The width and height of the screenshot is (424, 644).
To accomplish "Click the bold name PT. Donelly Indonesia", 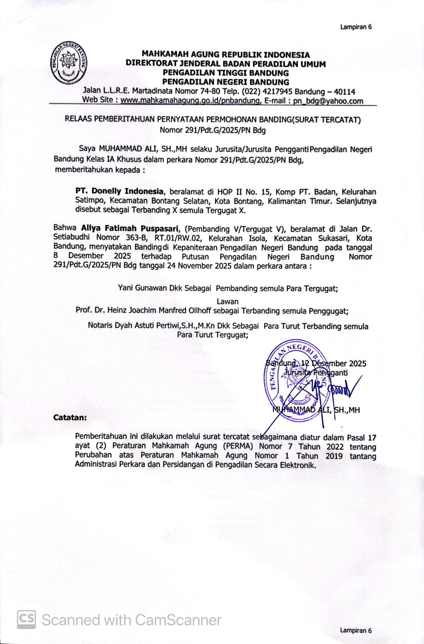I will pyautogui.click(x=120, y=192).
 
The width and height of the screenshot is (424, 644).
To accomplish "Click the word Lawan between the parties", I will pyautogui.click(x=228, y=301).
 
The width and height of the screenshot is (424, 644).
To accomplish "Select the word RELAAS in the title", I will pyautogui.click(x=79, y=119).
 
